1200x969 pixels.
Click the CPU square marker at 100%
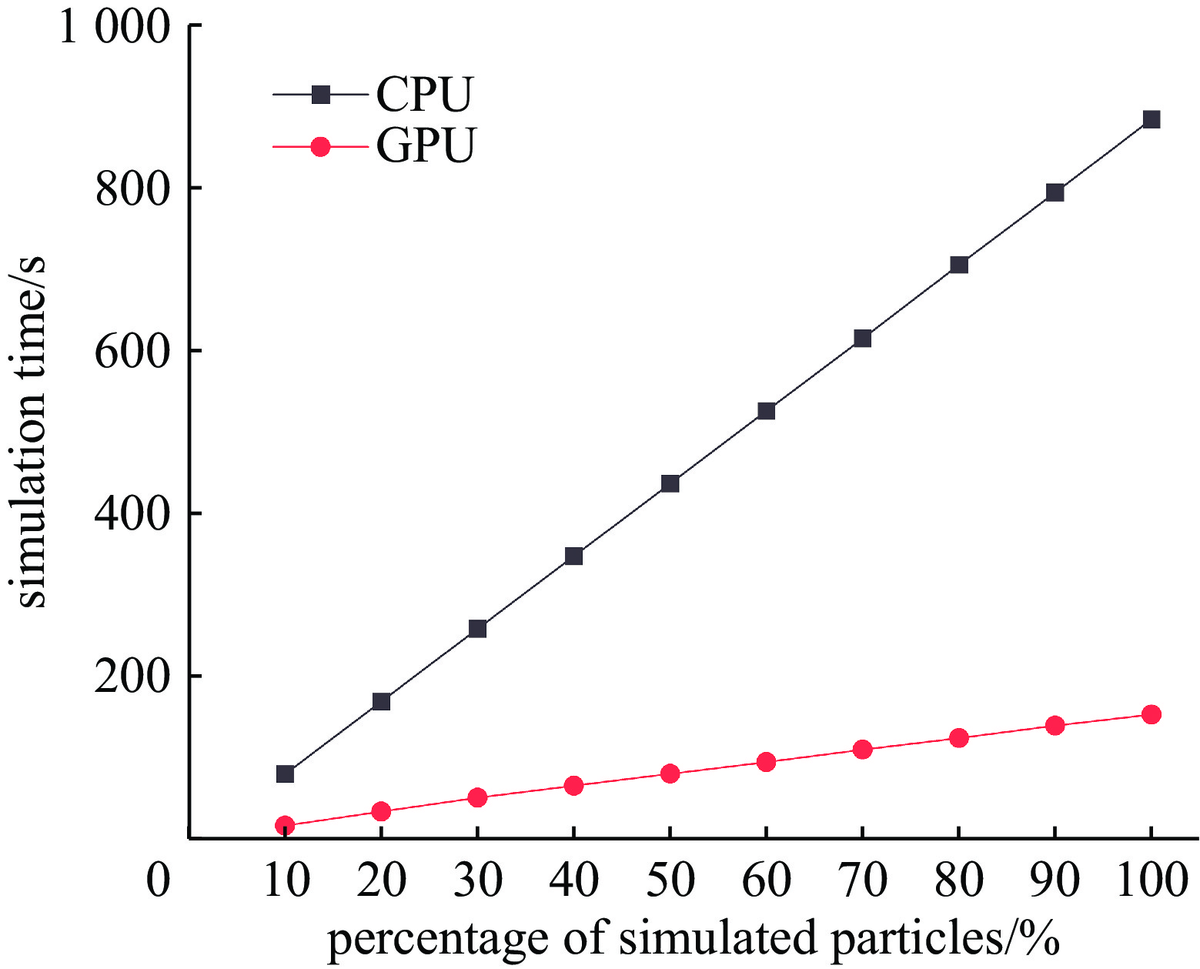1151,119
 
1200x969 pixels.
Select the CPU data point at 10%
285,774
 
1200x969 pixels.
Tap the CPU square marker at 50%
670,483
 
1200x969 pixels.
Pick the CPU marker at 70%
862,338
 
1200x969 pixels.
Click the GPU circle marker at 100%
1151,714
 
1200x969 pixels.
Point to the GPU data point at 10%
285,825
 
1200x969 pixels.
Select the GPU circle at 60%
766,762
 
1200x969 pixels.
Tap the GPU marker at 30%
477,797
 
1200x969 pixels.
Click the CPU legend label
424,95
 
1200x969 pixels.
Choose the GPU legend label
426,145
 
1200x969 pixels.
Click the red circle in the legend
320,146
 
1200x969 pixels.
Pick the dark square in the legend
320,95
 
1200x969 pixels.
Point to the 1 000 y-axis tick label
113,29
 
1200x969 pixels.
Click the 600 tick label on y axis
131,353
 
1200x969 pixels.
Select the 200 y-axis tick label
131,677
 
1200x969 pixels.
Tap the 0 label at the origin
158,880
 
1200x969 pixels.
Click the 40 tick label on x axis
573,880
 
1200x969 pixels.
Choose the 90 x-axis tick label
1055,880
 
